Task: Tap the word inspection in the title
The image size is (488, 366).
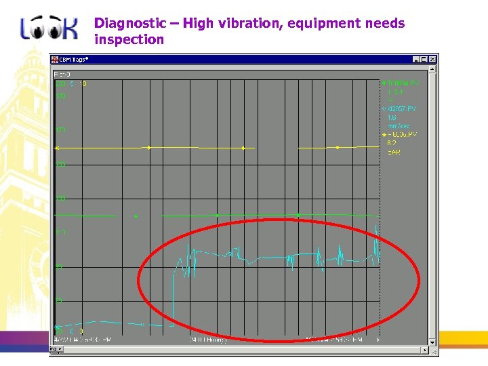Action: (x=129, y=39)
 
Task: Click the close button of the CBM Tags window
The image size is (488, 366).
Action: (x=432, y=60)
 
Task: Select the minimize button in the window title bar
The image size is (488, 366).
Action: (x=415, y=60)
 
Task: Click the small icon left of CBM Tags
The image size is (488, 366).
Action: (x=57, y=60)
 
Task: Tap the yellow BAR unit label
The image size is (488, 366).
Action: (x=394, y=152)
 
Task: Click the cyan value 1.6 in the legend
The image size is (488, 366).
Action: (x=392, y=117)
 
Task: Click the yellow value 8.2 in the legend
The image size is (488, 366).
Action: (x=392, y=144)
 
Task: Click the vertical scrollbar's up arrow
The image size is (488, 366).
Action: (x=432, y=70)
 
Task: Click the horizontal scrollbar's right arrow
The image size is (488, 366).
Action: (x=425, y=350)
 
